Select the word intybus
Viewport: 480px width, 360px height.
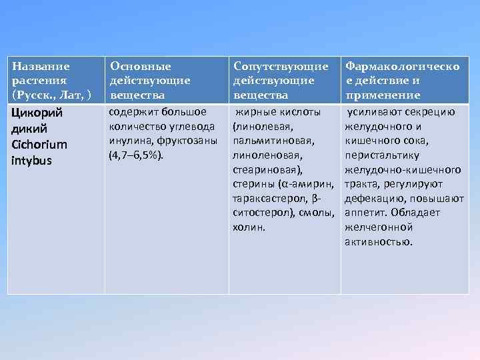tap(31, 160)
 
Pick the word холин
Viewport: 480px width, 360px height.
tap(249, 227)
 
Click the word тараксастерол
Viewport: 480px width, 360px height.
tap(266, 198)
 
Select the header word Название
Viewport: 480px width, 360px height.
tap(41, 67)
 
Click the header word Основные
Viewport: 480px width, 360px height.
tap(140, 67)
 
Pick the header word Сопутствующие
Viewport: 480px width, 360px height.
tap(280, 67)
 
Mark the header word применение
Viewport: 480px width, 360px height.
tap(382, 95)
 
